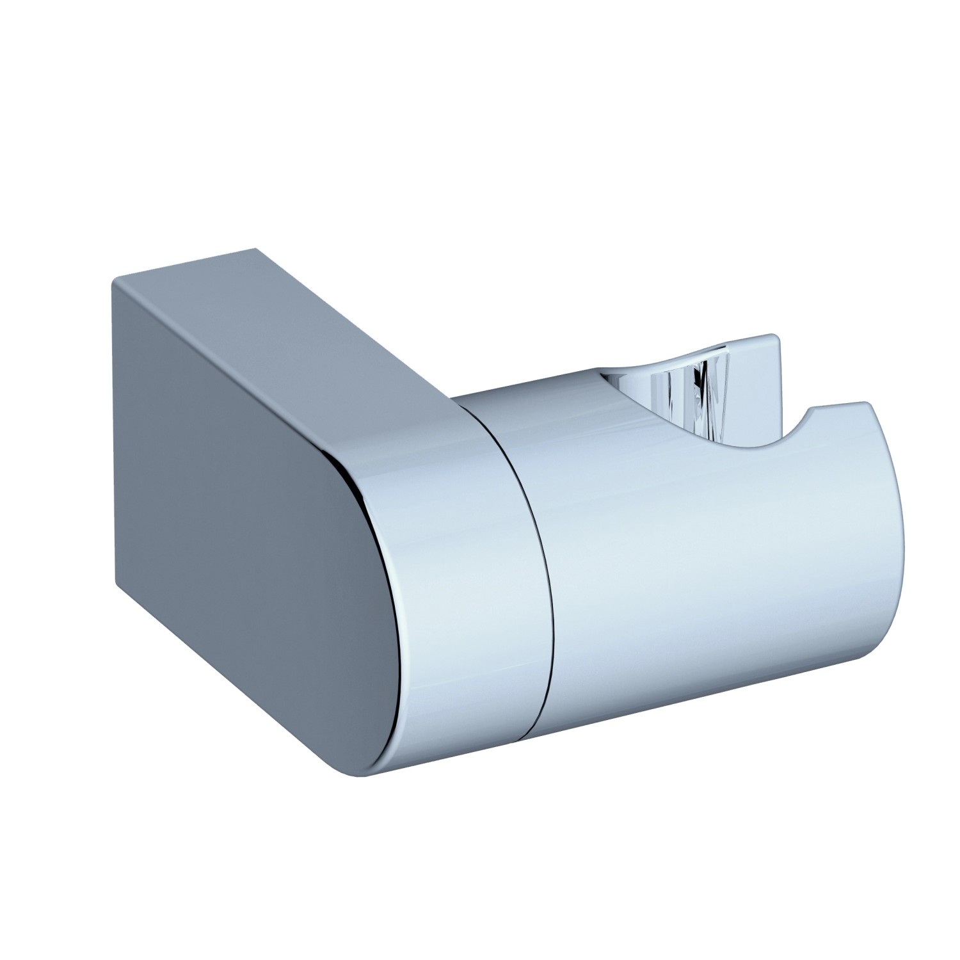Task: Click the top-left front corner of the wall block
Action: coord(113,279)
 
